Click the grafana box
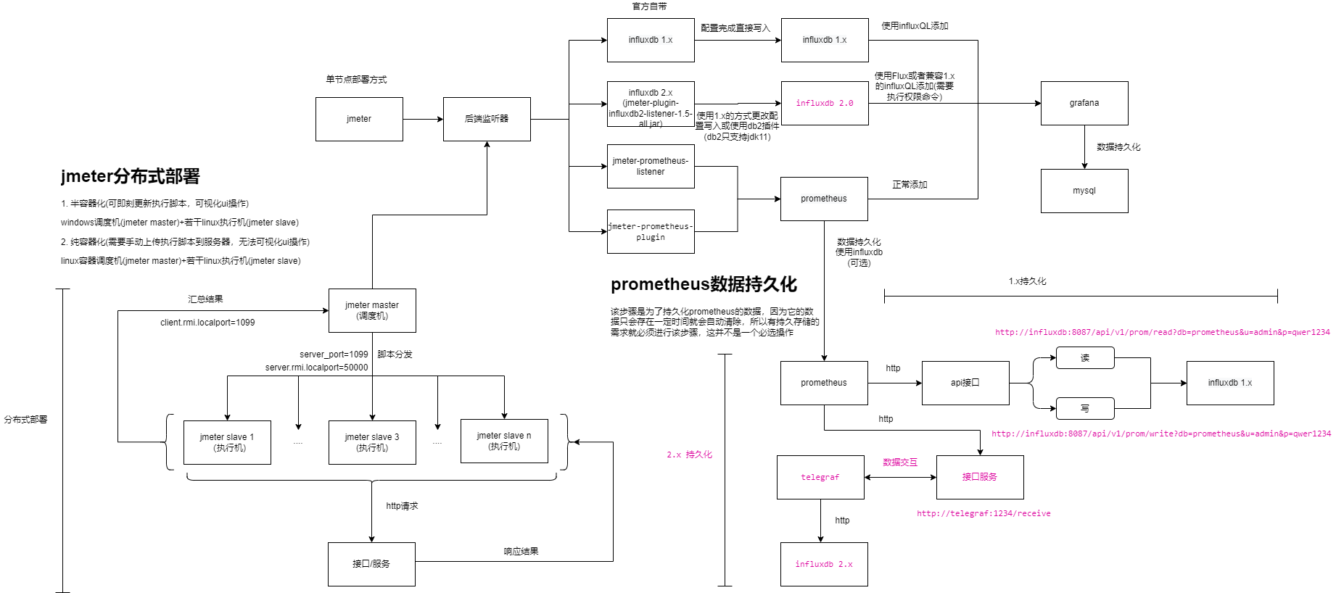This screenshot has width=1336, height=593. point(1084,103)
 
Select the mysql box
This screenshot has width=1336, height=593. point(1084,191)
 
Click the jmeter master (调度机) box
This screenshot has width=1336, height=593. point(371,310)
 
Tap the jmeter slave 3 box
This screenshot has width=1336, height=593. point(371,442)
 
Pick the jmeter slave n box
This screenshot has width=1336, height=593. point(503,441)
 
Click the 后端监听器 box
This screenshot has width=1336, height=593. point(486,119)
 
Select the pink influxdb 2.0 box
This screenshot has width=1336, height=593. point(824,103)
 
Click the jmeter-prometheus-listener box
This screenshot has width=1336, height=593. point(650,166)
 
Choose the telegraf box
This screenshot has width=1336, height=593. point(820,477)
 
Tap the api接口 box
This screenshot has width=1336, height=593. point(965,383)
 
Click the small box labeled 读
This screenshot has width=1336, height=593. point(1084,357)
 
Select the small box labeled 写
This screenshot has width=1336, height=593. point(1084,408)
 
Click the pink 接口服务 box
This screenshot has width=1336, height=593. point(979,477)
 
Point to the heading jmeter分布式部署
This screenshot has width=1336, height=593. point(131,176)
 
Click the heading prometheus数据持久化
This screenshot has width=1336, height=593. point(704,284)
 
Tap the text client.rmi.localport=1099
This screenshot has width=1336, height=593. point(207,323)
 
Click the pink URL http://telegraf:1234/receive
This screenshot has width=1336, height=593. point(983,513)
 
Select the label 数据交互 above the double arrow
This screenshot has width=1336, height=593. point(899,462)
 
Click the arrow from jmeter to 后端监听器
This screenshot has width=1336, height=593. point(422,119)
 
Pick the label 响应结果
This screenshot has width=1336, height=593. point(521,552)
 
